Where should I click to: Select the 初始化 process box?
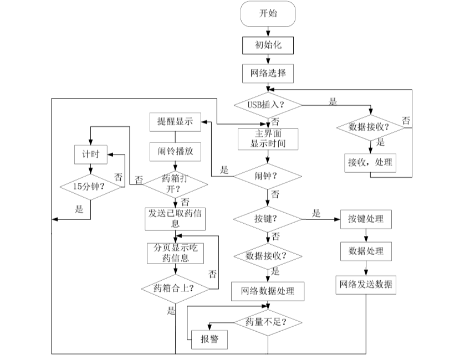click(268, 45)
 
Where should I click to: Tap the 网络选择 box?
click(268, 73)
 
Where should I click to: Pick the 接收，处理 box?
click(370, 162)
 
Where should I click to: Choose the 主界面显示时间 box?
click(268, 138)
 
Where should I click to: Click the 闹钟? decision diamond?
click(268, 177)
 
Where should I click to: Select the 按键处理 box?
click(366, 219)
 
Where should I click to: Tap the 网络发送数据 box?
click(366, 285)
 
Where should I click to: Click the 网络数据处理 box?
click(268, 290)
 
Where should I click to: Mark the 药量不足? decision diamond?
click(268, 322)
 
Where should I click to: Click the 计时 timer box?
click(90, 155)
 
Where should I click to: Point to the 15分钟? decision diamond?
click(90, 187)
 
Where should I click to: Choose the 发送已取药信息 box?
click(175, 219)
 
